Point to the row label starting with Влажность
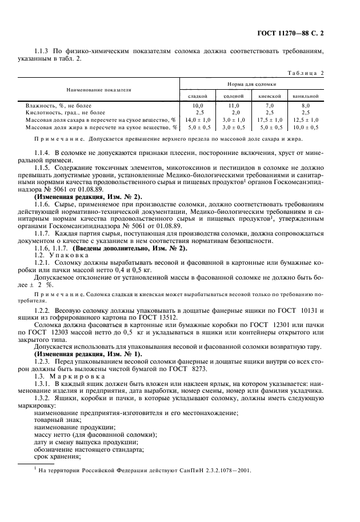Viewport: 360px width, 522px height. [58, 106]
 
